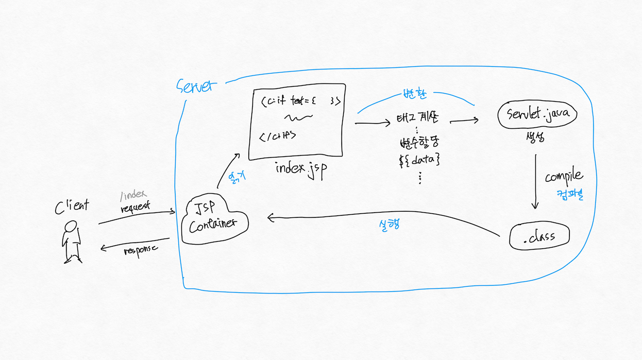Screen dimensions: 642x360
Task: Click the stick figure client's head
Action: pyautogui.click(x=71, y=226)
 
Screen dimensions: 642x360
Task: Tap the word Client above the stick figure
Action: pyautogui.click(x=72, y=205)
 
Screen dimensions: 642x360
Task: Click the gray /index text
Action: pyautogui.click(x=133, y=195)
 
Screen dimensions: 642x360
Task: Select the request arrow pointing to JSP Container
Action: pyautogui.click(x=137, y=216)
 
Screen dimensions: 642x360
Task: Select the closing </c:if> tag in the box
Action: pyautogui.click(x=278, y=136)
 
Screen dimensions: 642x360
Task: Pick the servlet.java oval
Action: pyautogui.click(x=536, y=114)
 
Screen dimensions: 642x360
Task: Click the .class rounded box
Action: pyautogui.click(x=539, y=236)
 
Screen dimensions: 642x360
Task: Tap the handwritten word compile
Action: pyautogui.click(x=564, y=177)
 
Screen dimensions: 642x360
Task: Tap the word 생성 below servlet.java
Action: pyautogui.click(x=535, y=138)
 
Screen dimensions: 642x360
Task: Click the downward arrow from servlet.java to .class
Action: pyautogui.click(x=535, y=180)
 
